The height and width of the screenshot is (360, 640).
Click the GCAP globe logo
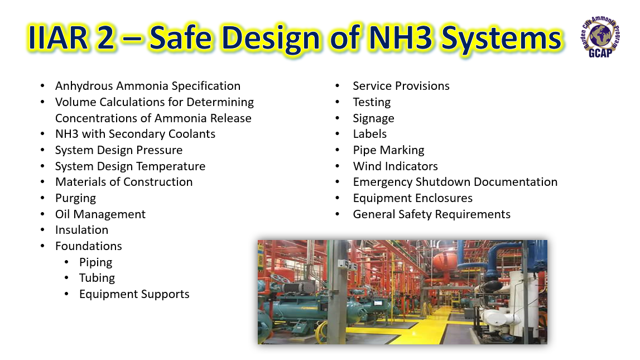click(x=600, y=37)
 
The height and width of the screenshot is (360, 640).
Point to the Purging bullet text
click(x=75, y=198)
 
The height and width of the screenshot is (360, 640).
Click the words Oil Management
click(x=100, y=214)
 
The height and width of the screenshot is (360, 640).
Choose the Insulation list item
click(x=81, y=230)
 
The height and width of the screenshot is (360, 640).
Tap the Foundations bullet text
click(x=89, y=246)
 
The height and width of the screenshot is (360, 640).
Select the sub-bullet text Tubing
click(x=97, y=279)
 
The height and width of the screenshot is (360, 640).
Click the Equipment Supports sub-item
click(x=134, y=294)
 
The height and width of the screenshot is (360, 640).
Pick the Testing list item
click(x=372, y=103)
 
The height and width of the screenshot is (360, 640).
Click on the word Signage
click(x=373, y=118)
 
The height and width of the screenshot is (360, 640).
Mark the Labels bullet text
click(x=370, y=134)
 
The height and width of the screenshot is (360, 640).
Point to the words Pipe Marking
click(x=388, y=150)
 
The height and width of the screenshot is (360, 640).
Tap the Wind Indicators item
click(x=396, y=166)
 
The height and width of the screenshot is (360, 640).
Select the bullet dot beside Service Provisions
click(x=337, y=86)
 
